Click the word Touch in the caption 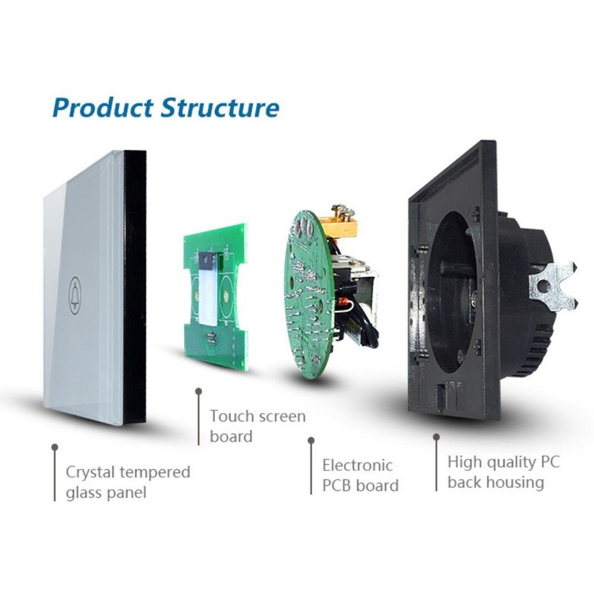232,416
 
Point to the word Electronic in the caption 357,466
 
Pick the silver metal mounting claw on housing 554,284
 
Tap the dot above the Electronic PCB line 310,440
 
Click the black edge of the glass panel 134,290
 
